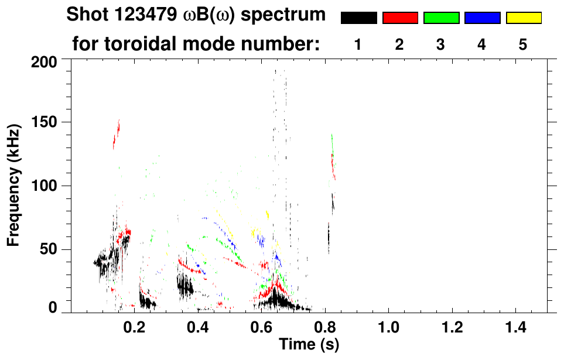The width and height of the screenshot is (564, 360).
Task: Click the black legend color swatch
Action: (359, 18)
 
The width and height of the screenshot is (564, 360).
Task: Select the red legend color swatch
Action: (400, 18)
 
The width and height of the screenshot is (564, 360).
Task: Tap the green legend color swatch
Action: (441, 18)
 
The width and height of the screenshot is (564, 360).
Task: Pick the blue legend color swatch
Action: (482, 18)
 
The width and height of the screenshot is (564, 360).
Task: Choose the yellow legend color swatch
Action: (523, 18)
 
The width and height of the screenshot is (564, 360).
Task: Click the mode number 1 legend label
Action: (358, 44)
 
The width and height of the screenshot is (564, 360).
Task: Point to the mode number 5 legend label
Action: (522, 44)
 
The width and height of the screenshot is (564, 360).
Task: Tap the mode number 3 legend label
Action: (440, 44)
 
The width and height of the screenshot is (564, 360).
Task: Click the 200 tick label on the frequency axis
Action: (45, 61)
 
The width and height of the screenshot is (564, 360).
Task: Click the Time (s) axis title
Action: (309, 344)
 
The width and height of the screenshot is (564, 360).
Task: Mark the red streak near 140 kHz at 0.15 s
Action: (116, 135)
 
